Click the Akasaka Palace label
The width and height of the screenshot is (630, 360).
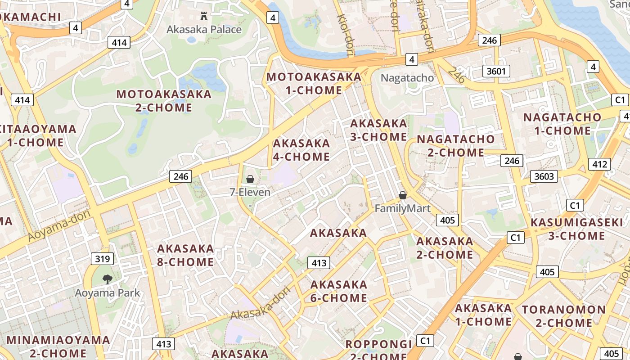coord(204,30)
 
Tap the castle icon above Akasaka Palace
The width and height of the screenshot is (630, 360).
coord(204,17)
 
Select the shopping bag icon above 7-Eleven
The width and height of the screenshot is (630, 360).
coord(250,179)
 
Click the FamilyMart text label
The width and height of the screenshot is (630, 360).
coord(402,208)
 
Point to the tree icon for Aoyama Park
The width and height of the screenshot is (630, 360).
coord(107,279)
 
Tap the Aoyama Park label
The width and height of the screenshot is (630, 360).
coord(107,293)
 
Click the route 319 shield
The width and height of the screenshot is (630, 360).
coord(102,259)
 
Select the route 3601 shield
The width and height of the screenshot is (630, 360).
coord(496,71)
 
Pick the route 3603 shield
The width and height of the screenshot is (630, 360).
coord(544,176)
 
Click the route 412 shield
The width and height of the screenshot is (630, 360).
coord(599,164)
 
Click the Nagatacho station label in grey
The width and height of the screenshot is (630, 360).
coord(407,78)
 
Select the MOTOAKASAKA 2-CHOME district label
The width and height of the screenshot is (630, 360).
coord(164,101)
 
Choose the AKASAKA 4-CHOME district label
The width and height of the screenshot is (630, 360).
coord(301,150)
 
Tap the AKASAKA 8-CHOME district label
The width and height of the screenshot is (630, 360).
coord(185,255)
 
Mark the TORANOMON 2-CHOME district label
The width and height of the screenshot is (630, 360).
coord(563,316)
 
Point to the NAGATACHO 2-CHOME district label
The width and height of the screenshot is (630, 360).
coord(455,146)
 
